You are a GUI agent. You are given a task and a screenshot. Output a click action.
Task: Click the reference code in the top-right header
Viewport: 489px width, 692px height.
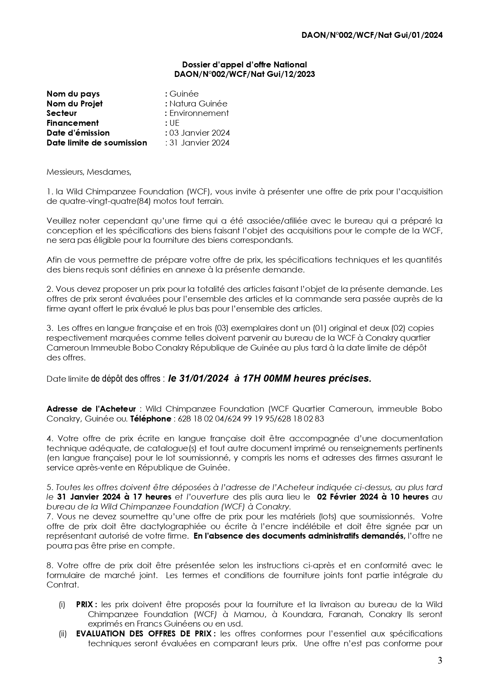click(x=372, y=35)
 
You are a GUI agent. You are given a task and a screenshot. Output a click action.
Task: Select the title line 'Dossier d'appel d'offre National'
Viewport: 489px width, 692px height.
click(x=244, y=65)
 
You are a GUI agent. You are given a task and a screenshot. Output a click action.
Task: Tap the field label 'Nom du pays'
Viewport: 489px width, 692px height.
click(x=73, y=94)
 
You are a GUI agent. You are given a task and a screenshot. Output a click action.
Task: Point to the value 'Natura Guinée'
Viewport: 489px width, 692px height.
click(x=198, y=104)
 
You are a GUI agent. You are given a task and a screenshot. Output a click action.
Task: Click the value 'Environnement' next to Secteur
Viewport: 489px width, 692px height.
click(x=199, y=113)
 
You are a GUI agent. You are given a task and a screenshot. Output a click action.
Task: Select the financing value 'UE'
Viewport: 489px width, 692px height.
click(x=174, y=123)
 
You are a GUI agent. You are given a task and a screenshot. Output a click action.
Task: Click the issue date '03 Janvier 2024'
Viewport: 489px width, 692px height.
click(x=199, y=133)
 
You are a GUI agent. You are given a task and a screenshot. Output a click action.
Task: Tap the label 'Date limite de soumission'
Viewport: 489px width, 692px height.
click(x=97, y=143)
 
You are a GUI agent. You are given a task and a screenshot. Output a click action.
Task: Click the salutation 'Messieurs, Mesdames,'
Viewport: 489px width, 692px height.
click(x=89, y=172)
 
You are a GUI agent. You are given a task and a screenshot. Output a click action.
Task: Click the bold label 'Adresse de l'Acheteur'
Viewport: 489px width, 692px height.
click(x=91, y=409)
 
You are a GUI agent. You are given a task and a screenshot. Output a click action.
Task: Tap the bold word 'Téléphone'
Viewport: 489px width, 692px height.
click(x=151, y=419)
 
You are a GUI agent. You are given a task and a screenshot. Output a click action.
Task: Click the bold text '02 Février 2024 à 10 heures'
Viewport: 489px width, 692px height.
click(x=373, y=497)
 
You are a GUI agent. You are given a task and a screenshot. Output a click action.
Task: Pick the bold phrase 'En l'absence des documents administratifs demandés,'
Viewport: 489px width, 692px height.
click(x=299, y=536)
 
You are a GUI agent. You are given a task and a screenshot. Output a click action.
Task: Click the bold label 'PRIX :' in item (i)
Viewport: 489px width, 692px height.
click(x=87, y=604)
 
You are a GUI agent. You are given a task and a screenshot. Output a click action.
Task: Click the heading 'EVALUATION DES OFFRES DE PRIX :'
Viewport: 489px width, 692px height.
click(x=146, y=634)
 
